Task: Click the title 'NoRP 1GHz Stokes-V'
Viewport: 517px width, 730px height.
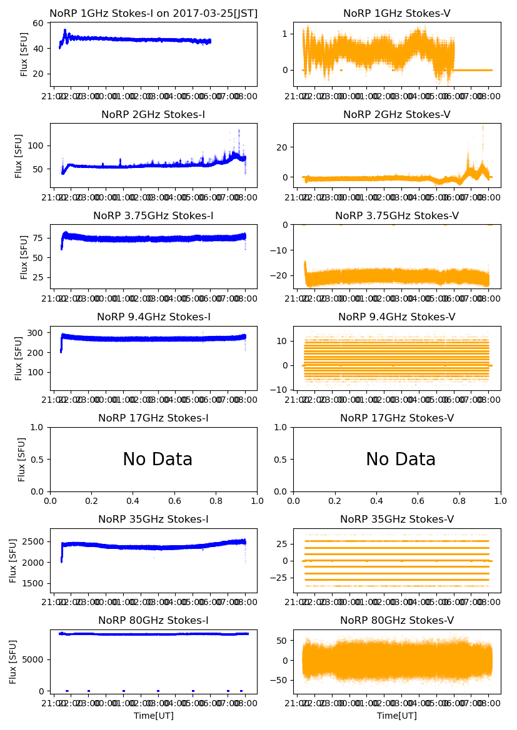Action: (x=397, y=13)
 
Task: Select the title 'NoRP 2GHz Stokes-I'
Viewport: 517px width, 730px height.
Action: (x=153, y=114)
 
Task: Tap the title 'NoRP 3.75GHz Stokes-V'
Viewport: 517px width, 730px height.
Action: (x=397, y=215)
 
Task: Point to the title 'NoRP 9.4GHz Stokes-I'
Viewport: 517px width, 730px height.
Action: (x=153, y=317)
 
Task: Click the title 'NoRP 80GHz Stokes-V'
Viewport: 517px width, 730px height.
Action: (x=397, y=620)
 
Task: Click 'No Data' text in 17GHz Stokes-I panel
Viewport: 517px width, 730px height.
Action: (x=158, y=460)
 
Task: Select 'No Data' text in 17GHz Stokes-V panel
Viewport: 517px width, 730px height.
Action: (x=401, y=460)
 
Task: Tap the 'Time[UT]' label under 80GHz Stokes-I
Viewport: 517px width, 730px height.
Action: (x=153, y=716)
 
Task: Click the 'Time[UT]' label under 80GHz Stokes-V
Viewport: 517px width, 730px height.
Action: (x=397, y=716)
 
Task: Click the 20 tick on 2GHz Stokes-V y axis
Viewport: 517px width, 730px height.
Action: (x=282, y=147)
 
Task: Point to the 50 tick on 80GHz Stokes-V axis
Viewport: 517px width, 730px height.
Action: (x=282, y=641)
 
